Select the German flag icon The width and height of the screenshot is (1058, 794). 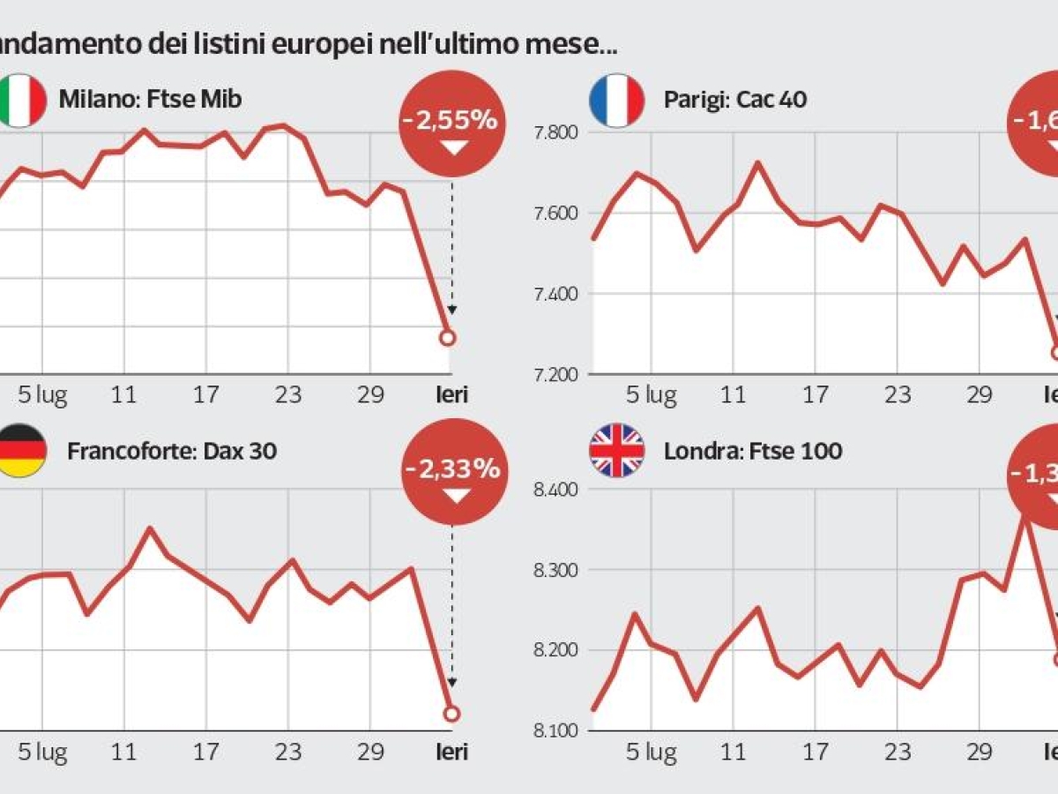[19, 450]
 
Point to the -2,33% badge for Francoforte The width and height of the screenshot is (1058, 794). [453, 471]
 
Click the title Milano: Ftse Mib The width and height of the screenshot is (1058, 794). [150, 98]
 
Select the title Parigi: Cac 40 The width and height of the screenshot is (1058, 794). [734, 99]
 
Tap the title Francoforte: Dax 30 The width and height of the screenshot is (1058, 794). [172, 452]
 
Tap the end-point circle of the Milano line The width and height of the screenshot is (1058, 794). [447, 338]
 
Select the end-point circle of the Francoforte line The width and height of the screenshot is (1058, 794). [451, 713]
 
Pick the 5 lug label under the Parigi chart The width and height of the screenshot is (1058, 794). [651, 395]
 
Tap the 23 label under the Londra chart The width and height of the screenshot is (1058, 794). [898, 753]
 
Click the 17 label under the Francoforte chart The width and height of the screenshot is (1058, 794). [206, 753]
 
